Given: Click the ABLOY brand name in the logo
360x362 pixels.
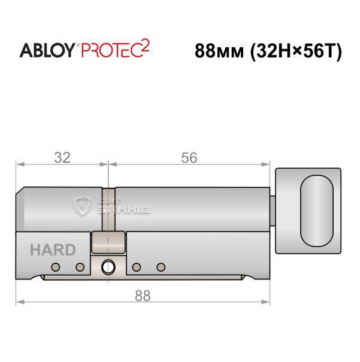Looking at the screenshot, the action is [x=47, y=50].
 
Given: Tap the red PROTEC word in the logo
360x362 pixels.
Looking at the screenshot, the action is [x=111, y=50].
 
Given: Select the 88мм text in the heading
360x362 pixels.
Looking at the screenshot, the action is [x=219, y=51].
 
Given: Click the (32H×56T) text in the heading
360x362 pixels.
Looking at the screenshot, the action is [x=296, y=51].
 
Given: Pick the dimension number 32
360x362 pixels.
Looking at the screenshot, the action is [x=62, y=158].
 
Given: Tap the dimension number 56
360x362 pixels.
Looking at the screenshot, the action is [x=189, y=158].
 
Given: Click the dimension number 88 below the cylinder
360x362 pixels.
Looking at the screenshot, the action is [x=143, y=296].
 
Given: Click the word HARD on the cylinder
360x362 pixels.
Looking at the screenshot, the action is [x=53, y=250].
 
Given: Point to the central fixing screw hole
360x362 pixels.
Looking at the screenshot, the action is [x=108, y=267].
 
